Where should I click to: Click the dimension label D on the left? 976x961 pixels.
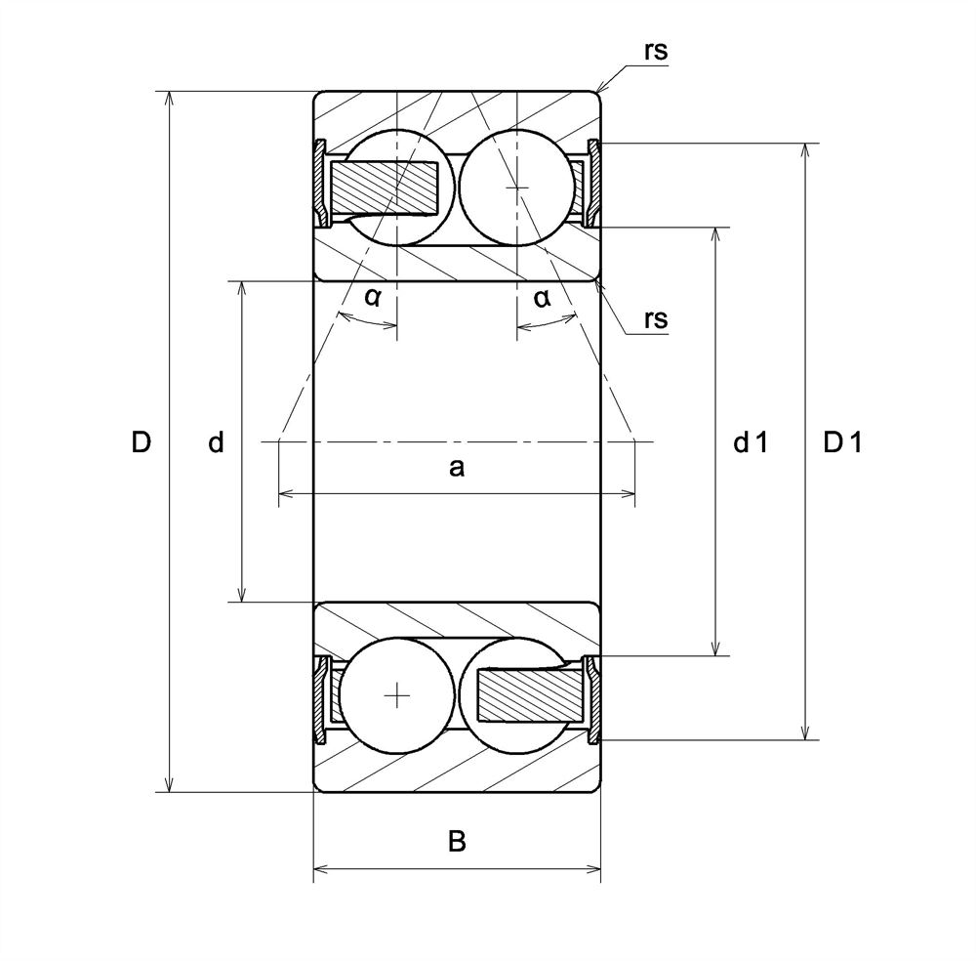point(142,442)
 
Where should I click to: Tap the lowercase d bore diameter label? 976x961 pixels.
point(216,442)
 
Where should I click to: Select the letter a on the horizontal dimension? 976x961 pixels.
point(456,469)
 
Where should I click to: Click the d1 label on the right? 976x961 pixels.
point(751,442)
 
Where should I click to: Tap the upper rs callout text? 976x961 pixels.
point(656,52)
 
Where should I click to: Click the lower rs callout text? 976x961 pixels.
point(656,318)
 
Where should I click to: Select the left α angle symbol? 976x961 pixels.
point(373,298)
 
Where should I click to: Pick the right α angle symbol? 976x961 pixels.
point(543,298)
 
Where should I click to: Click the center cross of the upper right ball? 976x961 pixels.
point(517,186)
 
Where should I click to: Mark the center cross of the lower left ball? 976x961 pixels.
point(397,695)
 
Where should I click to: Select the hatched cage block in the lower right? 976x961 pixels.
point(527,696)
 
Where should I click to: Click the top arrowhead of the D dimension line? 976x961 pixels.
point(171,99)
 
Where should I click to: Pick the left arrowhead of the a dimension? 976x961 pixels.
point(285,495)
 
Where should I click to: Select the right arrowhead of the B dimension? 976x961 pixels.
point(593,867)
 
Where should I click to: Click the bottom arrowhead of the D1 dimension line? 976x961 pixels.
point(806,732)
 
